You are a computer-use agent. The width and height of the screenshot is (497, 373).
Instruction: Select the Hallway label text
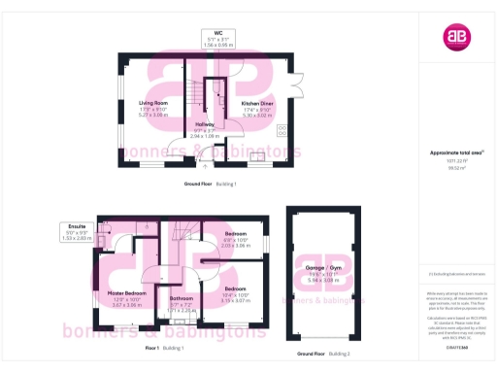[x=205, y=125]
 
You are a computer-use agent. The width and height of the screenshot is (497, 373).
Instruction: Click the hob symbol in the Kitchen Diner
[x=282, y=128]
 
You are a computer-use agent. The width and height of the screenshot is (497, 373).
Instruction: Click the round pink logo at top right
[x=456, y=37]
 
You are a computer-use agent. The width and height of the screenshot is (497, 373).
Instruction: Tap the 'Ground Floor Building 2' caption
[x=322, y=348]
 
